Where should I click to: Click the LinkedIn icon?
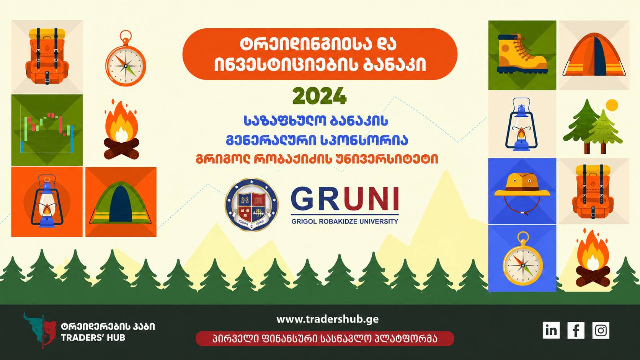551,330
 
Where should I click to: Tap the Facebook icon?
576,330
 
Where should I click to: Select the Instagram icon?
601,330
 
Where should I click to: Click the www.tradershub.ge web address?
327,319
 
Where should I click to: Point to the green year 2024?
320,96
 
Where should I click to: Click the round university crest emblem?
251,205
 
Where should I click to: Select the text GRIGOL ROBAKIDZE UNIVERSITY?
344,222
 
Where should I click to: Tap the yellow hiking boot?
522,54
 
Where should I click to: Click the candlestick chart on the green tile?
47,132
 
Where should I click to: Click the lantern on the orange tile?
47,201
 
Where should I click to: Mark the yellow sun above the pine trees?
612,105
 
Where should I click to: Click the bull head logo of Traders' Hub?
40,330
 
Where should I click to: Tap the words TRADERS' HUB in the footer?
93,338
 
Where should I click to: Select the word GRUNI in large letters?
345,199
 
